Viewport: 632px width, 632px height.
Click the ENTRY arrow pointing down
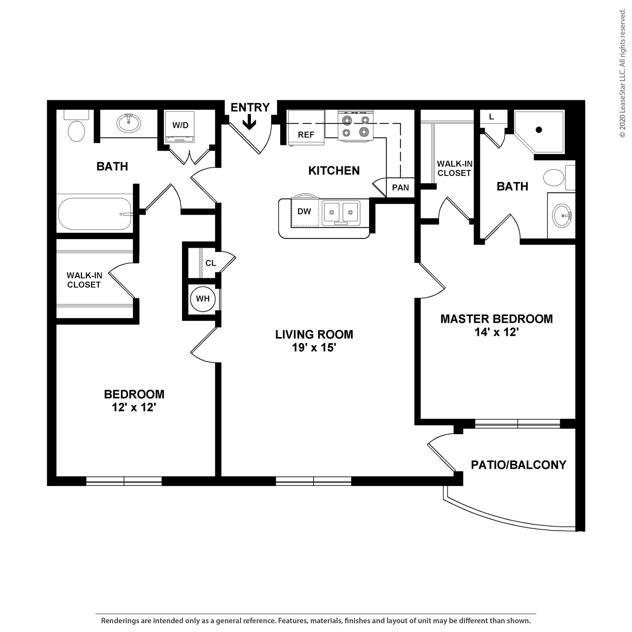point(250,123)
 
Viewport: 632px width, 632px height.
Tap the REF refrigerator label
point(306,135)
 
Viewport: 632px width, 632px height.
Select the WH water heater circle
point(203,298)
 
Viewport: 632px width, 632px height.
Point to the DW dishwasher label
point(304,211)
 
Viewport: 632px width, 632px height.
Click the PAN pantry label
point(400,188)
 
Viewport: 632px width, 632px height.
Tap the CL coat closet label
point(211,263)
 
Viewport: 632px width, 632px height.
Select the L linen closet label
point(491,117)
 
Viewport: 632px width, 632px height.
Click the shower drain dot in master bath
point(539,130)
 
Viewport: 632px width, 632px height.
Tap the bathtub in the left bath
point(95,214)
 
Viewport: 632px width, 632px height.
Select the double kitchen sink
point(341,213)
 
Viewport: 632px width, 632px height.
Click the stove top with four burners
point(355,126)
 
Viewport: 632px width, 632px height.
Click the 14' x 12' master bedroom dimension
point(497,332)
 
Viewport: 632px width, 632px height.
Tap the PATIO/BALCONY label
point(518,465)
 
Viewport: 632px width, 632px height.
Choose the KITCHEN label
point(334,170)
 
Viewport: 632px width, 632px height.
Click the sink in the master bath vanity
point(562,216)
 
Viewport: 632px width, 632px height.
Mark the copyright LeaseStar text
point(622,74)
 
